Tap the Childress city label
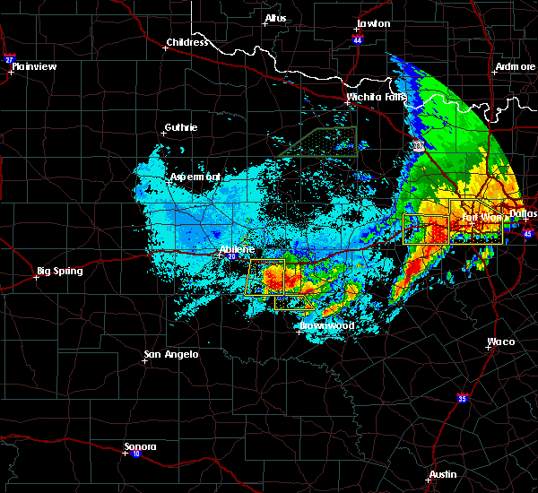tap(187, 42)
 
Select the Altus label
tap(275, 19)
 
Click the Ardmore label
tap(515, 67)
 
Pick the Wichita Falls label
tap(376, 97)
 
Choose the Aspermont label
tap(195, 177)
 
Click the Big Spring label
tap(59, 271)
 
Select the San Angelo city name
tap(171, 354)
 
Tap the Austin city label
tap(442, 474)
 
